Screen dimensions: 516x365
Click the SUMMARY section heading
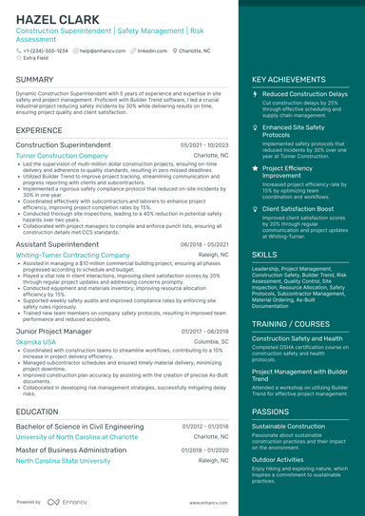[x=35, y=79]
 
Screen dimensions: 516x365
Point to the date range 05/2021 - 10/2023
[x=204, y=144]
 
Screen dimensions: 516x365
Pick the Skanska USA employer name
[x=36, y=341]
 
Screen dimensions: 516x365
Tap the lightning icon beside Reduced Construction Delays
[x=255, y=95]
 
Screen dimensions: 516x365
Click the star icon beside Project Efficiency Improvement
[x=255, y=167]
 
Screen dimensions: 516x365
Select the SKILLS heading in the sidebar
[x=265, y=256]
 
